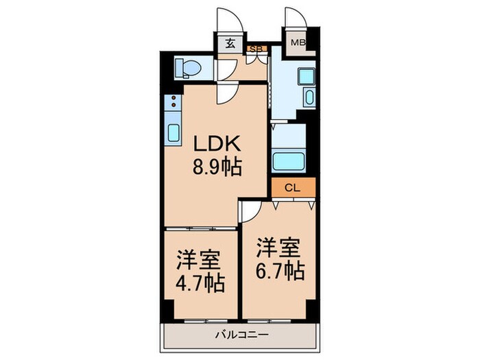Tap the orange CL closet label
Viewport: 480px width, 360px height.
(x=291, y=187)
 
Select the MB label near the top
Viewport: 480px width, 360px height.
(x=297, y=43)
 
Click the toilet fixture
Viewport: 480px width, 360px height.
(x=187, y=67)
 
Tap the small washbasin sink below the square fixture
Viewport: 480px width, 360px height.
(x=307, y=97)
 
